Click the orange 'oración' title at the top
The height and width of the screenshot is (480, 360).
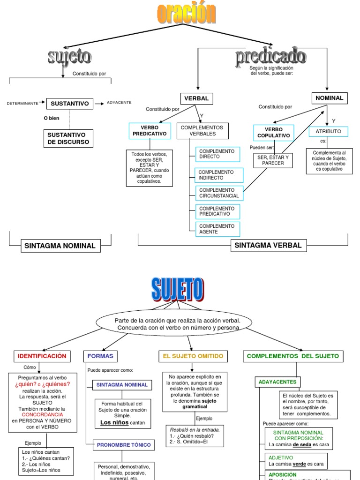187,14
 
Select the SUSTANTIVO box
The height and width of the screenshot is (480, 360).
70,103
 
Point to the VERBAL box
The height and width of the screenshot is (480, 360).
197,98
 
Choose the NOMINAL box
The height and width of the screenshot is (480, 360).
329,98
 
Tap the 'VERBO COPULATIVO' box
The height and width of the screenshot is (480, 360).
273,133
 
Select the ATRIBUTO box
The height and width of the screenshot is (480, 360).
328,131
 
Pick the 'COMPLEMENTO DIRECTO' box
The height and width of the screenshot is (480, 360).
217,154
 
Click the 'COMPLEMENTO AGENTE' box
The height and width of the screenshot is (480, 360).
217,229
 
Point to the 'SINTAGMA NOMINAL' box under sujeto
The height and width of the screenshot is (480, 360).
60,246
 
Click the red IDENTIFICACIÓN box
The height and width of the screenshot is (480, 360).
42,356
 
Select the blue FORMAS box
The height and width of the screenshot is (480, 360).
100,356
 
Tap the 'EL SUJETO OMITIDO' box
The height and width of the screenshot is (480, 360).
193,356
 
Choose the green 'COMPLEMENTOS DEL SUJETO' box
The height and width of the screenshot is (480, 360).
292,356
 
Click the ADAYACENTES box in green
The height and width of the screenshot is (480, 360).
277,382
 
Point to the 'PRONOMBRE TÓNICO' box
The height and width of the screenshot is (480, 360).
124,445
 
